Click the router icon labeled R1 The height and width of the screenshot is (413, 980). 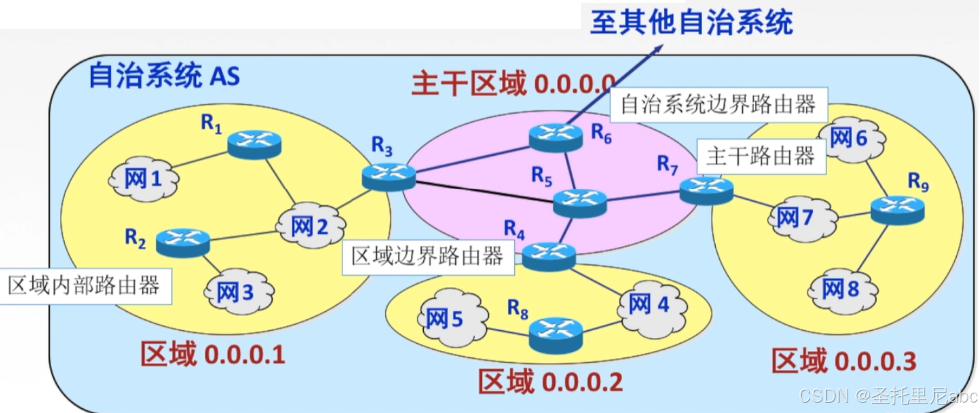click(x=254, y=143)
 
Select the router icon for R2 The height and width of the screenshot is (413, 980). click(x=183, y=242)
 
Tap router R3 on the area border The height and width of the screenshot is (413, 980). click(x=388, y=176)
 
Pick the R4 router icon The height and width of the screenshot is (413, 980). click(x=548, y=256)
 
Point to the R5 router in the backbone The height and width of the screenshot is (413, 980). click(x=580, y=203)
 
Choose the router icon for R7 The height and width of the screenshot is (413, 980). click(x=707, y=189)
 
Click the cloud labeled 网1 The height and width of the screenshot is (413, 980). click(x=143, y=179)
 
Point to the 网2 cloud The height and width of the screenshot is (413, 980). click(x=309, y=226)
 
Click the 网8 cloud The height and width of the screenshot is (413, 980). click(x=840, y=290)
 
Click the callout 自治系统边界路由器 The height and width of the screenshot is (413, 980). click(x=718, y=105)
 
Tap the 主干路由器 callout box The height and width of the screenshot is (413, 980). click(x=761, y=156)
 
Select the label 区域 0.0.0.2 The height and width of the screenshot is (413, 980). click(x=550, y=381)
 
